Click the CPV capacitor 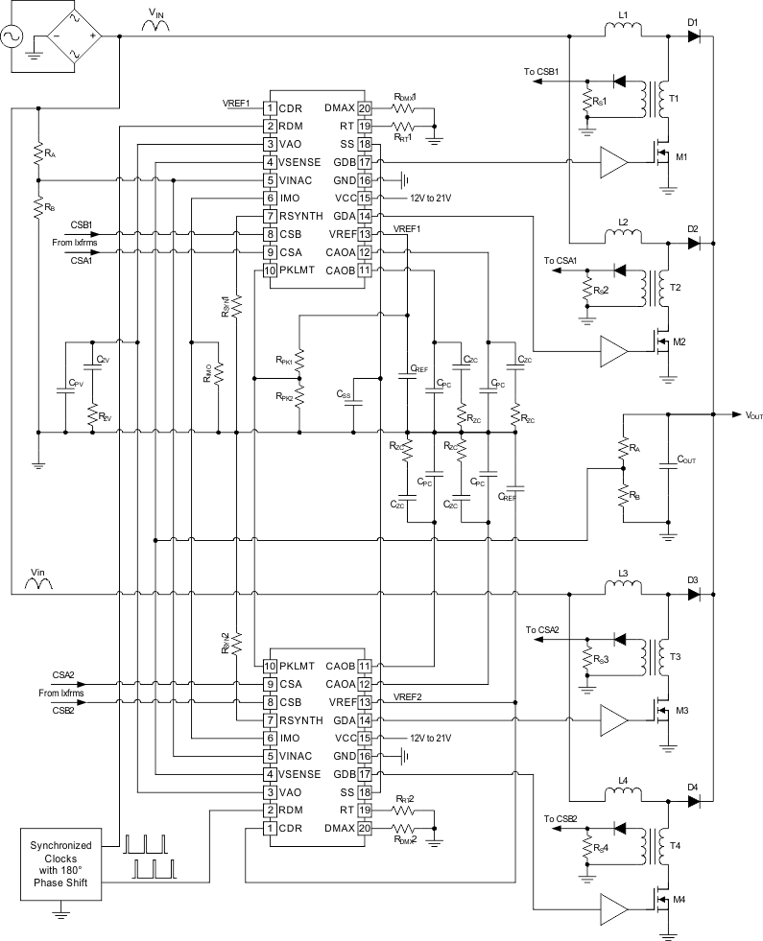click(64, 386)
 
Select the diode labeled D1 click(694, 36)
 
